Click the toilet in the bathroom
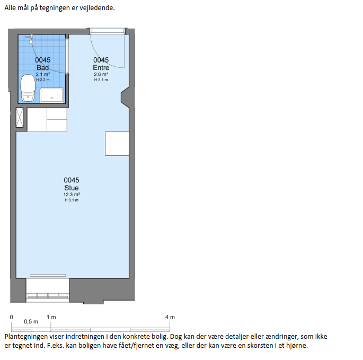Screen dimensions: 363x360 [28, 88]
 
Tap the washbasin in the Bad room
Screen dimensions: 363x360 [51, 95]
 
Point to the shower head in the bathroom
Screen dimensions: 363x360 [30, 39]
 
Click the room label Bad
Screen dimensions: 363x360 [42, 68]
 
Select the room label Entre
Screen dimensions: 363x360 [101, 68]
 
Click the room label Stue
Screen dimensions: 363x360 [72, 188]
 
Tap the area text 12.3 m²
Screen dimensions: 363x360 [72, 195]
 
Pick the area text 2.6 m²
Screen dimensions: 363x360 [101, 74]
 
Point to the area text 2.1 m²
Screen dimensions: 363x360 [42, 74]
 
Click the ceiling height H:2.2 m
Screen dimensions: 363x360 [42, 80]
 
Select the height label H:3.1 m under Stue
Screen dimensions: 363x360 [72, 200]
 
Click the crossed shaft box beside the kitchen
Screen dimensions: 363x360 [20, 118]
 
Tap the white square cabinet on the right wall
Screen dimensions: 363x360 [117, 144]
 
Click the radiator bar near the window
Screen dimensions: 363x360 [48, 276]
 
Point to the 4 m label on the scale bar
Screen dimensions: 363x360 [170, 317]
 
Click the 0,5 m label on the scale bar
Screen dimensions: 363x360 [31, 321]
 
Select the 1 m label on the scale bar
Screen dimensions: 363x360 [51, 317]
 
